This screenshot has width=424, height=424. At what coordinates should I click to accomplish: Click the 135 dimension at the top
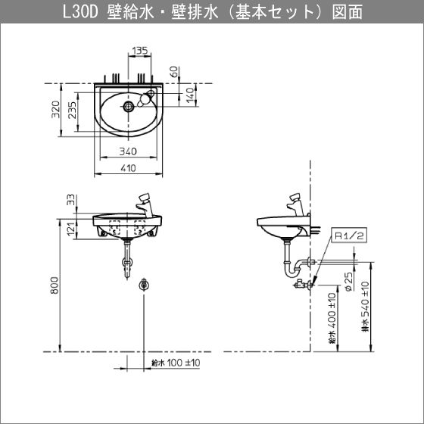(139, 52)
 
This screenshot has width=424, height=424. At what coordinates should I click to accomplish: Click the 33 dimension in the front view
(70, 200)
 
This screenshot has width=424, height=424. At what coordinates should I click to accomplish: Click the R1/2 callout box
(350, 236)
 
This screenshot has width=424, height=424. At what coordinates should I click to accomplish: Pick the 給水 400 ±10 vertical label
(332, 318)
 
